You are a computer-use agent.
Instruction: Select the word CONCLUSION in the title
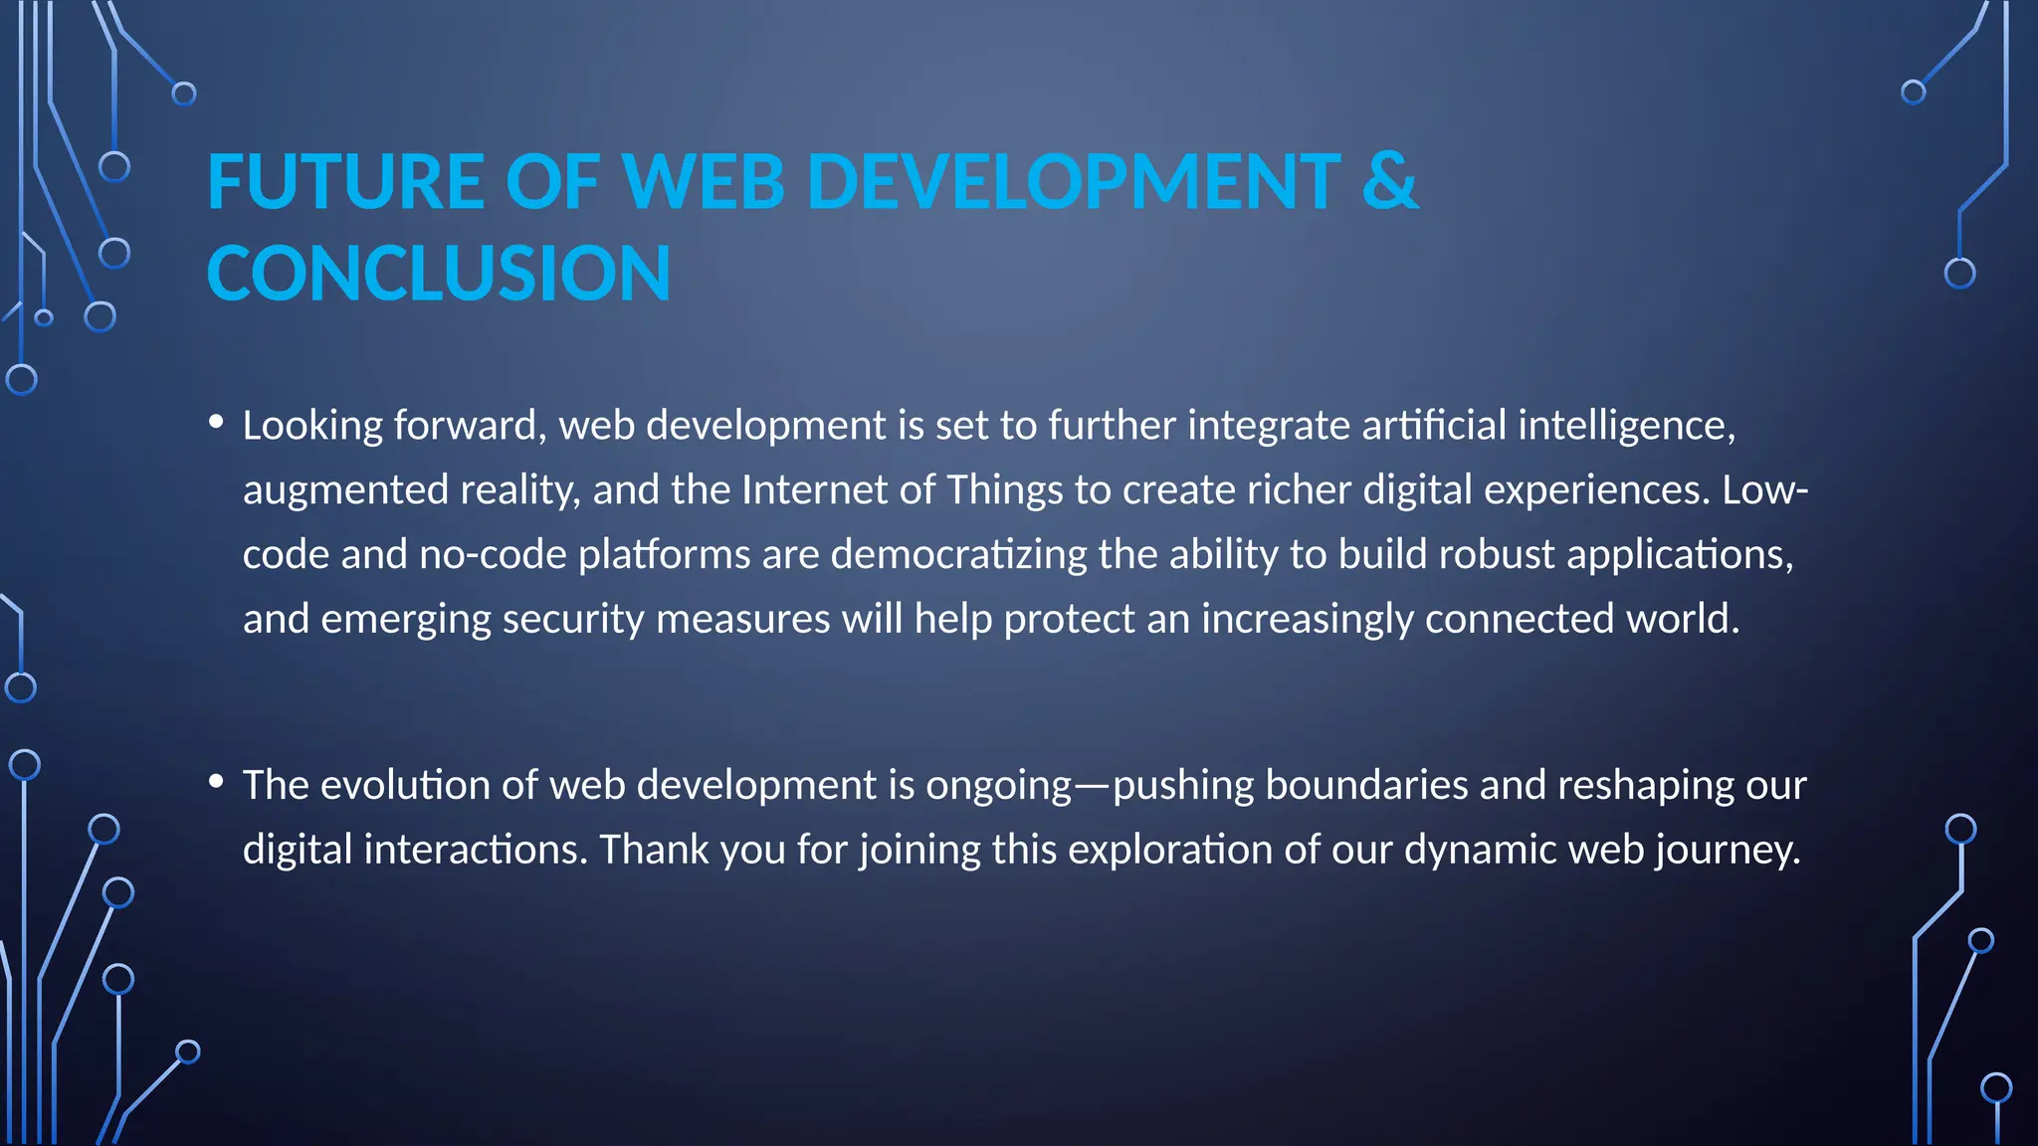pos(439,274)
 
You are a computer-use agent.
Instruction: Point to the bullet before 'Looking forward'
pos(216,422)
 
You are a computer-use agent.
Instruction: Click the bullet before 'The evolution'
pos(216,782)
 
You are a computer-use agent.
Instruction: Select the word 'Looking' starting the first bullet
pos(312,426)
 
